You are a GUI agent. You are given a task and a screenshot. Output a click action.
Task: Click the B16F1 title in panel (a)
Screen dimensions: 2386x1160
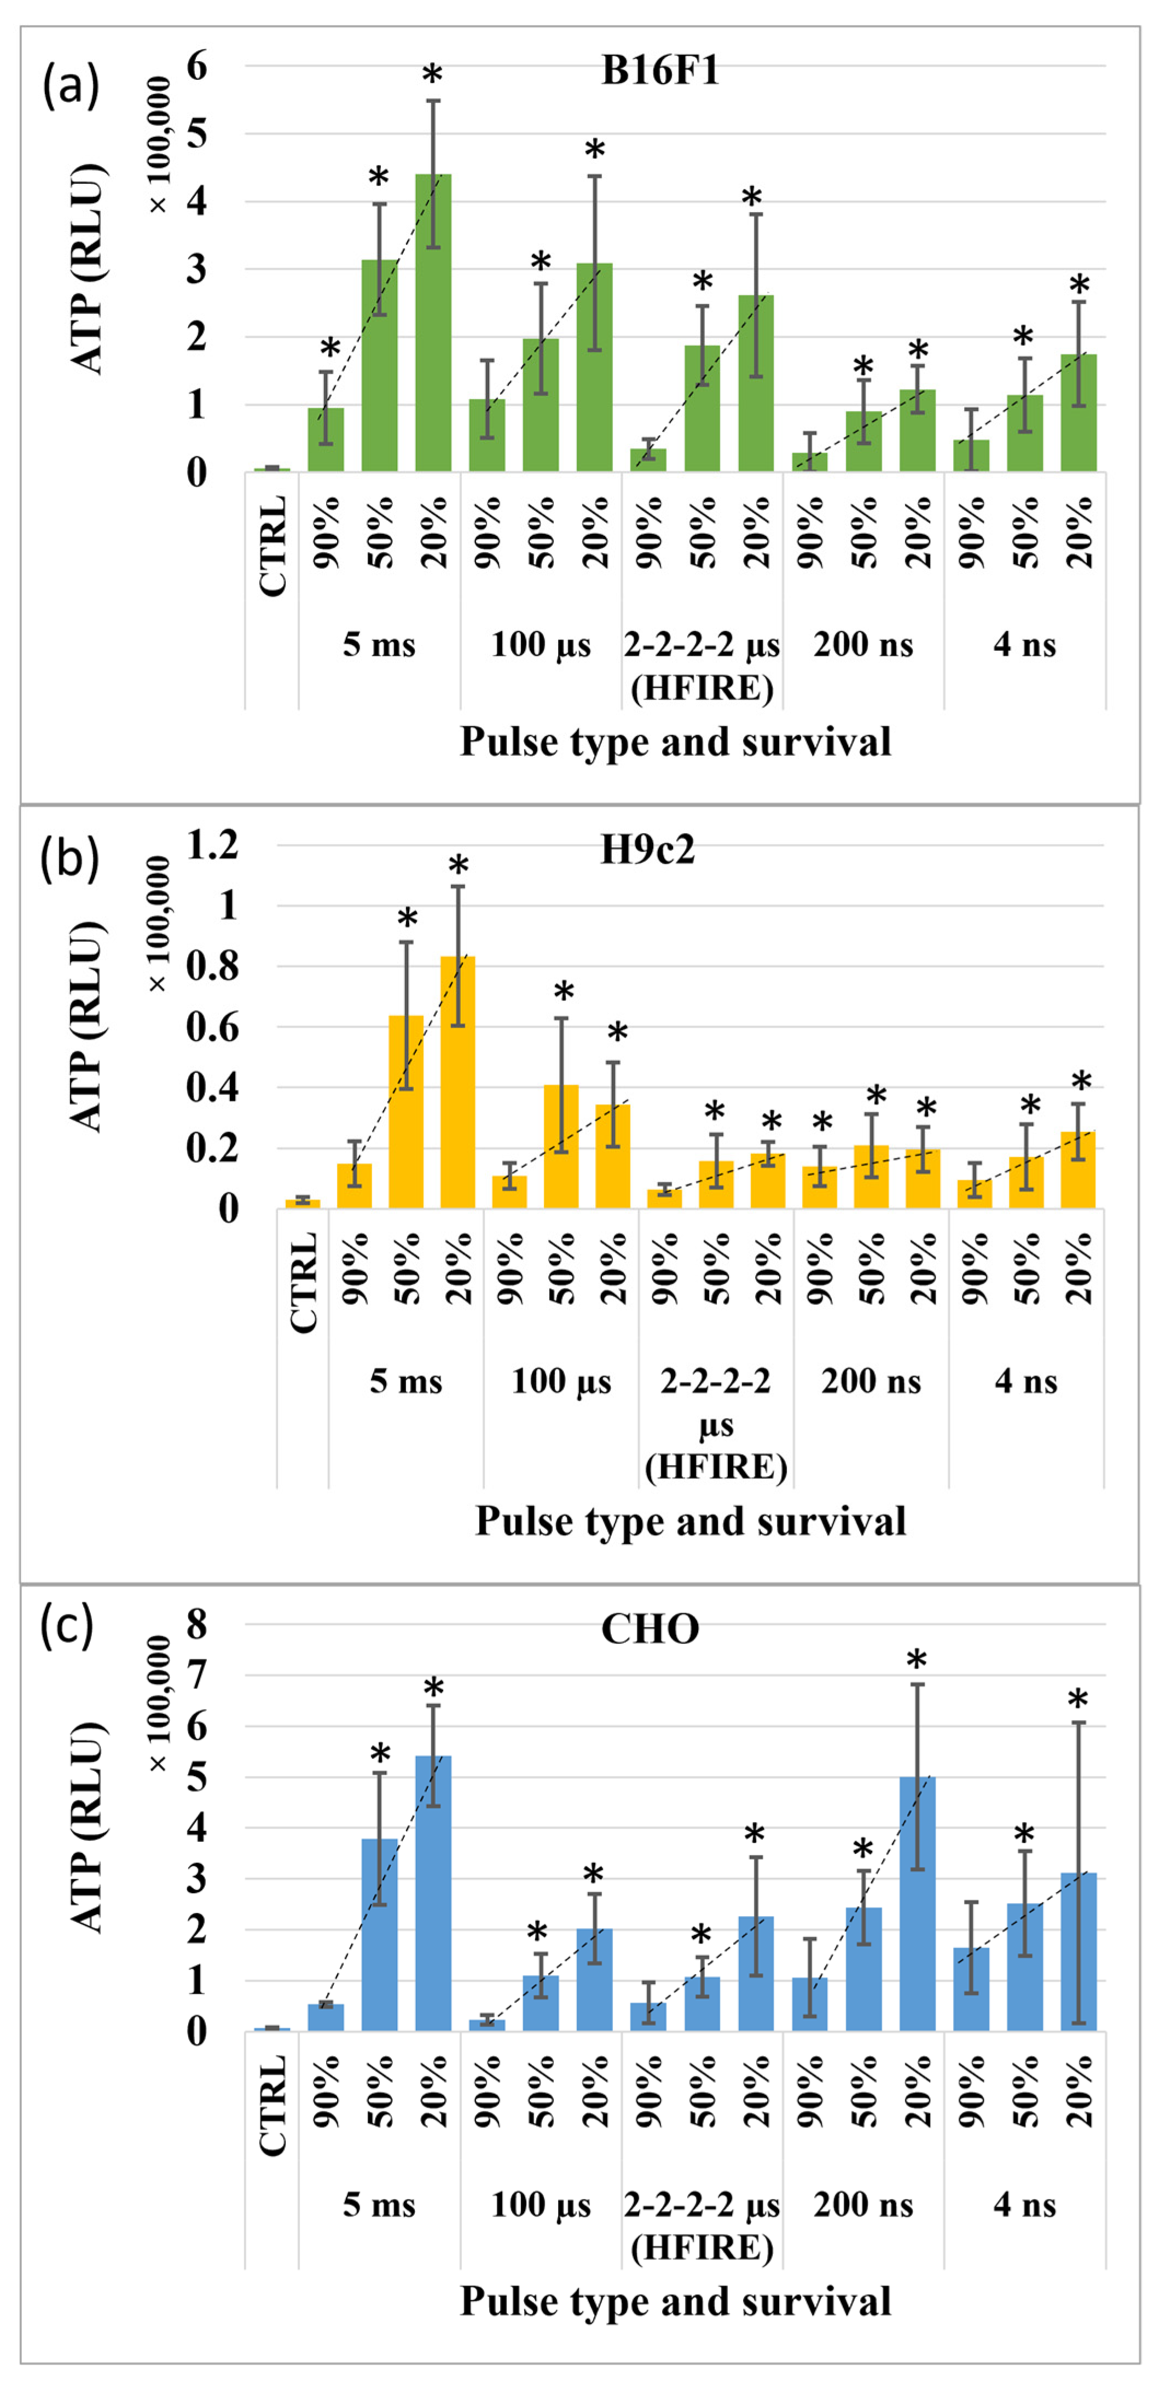[660, 71]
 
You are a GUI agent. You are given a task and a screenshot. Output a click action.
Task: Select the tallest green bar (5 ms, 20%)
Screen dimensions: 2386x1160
[433, 324]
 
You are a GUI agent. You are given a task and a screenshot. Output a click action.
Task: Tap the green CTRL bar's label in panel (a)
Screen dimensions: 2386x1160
[272, 546]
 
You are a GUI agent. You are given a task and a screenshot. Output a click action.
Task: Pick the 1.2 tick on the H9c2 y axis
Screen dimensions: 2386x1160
[212, 845]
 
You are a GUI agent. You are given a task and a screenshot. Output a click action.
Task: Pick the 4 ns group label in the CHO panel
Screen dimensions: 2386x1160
[1025, 2206]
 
